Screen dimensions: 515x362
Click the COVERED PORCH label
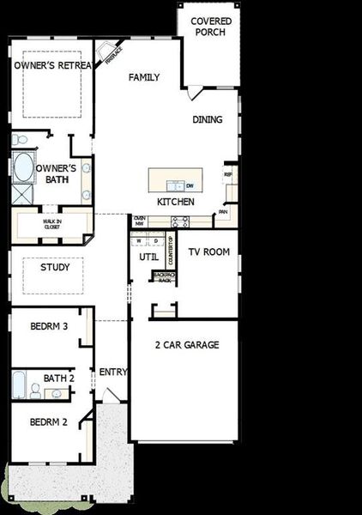click(210, 27)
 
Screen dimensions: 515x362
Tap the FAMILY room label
click(144, 77)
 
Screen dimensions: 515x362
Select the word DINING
click(207, 120)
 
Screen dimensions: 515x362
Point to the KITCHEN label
click(175, 202)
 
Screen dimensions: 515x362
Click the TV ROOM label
click(208, 252)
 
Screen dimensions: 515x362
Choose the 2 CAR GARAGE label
click(186, 345)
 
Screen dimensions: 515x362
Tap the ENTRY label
click(113, 372)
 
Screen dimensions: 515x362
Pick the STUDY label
click(55, 267)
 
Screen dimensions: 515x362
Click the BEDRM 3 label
click(49, 327)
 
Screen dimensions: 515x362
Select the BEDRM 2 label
click(49, 421)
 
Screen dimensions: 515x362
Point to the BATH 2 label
click(59, 378)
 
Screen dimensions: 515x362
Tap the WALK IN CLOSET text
click(52, 225)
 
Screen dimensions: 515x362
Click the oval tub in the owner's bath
click(23, 167)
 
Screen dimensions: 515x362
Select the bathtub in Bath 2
click(19, 385)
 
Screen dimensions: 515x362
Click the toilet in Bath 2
click(36, 391)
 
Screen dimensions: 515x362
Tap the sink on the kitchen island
click(175, 185)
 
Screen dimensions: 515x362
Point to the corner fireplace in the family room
click(108, 53)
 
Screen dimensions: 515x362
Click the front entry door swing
click(111, 396)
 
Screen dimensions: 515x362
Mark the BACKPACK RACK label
click(162, 277)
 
